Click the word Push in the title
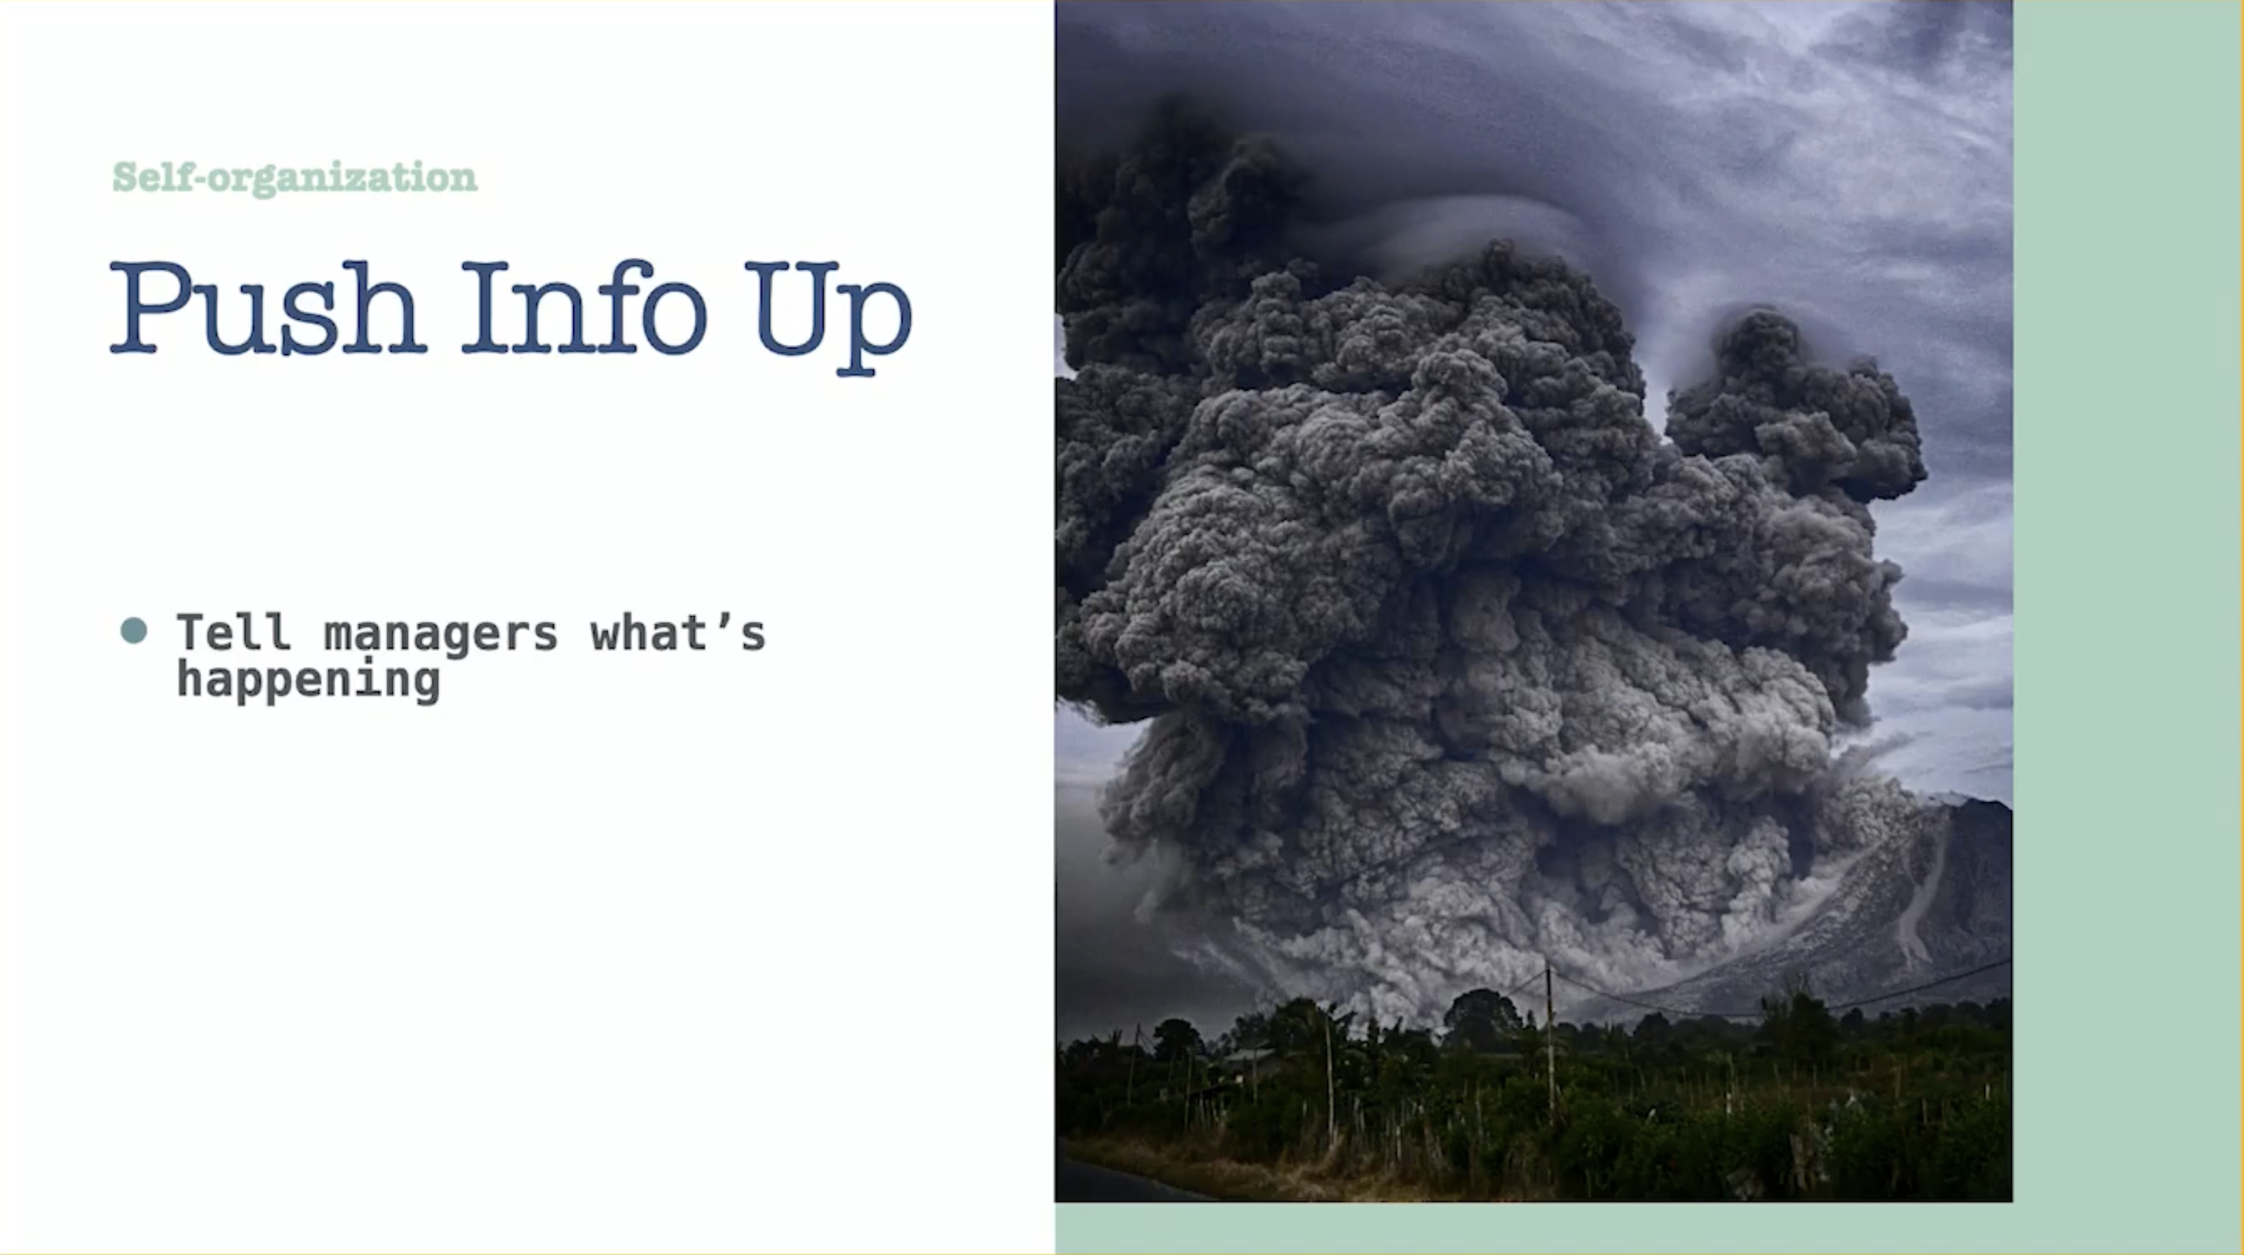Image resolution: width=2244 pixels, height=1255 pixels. (x=267, y=308)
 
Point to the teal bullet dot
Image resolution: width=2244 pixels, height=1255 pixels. (x=134, y=630)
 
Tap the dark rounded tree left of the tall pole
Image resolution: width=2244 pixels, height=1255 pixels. (x=1481, y=1016)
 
